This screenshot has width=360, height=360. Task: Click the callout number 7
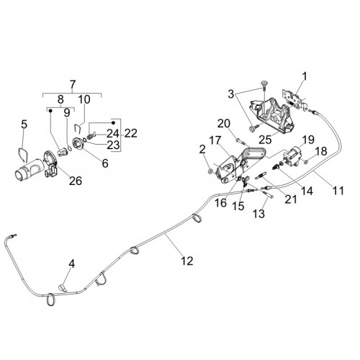coord(73,85)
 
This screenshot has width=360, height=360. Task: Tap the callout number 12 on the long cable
coord(187,261)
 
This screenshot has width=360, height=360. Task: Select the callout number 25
coord(266,139)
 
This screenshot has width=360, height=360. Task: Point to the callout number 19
coord(308,139)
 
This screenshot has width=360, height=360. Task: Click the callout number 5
coord(24,125)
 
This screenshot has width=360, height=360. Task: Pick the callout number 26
coord(76,181)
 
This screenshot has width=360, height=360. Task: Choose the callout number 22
coord(130,133)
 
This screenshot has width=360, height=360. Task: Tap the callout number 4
coord(72,264)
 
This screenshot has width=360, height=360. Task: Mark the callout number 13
coord(258,214)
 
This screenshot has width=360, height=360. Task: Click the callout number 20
coord(224,124)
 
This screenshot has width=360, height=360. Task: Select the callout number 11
coord(338,191)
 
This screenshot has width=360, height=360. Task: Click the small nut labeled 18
coord(306,163)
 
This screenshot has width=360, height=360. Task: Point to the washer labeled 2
coord(211,171)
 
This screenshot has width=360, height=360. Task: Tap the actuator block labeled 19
coord(292,156)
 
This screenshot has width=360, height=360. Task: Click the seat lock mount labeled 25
coord(271,114)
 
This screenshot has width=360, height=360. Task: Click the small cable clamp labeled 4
coord(63,287)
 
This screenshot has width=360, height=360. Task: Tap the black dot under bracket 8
coord(50,111)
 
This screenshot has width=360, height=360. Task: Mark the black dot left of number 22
coord(114,122)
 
